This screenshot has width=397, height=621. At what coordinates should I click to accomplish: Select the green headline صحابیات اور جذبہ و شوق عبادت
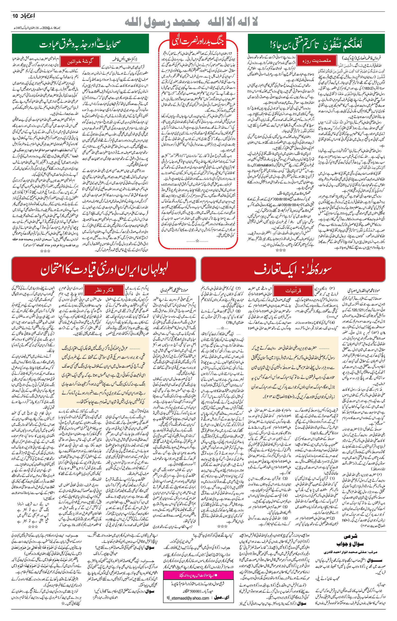click(80, 44)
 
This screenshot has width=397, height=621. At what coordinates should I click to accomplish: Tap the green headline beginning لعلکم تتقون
click(316, 44)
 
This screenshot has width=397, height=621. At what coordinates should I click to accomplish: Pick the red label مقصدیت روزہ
click(317, 61)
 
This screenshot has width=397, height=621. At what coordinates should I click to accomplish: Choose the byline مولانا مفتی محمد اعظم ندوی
click(174, 290)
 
